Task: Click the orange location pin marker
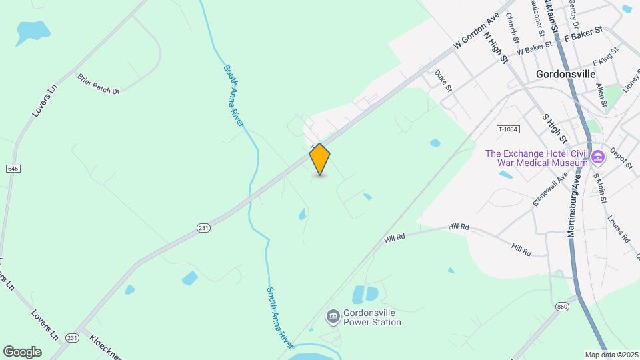tap(320, 159)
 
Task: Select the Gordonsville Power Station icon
tap(332, 315)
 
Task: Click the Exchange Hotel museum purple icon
tap(597, 157)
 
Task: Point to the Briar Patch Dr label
tap(98, 83)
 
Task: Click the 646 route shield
tap(13, 169)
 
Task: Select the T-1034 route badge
tap(508, 129)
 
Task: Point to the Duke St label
tap(443, 81)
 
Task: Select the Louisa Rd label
tap(618, 228)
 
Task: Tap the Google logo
tap(22, 351)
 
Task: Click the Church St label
tap(512, 28)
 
